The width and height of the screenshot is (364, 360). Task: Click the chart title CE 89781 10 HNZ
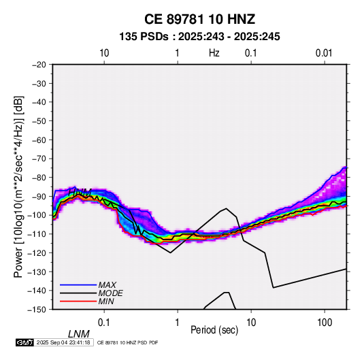(x=199, y=19)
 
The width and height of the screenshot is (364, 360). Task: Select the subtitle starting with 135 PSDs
(x=199, y=37)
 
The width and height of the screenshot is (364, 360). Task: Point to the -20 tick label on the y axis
(x=39, y=65)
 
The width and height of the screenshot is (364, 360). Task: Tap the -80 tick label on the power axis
(x=39, y=178)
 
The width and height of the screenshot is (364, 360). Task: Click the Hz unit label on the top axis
(x=214, y=53)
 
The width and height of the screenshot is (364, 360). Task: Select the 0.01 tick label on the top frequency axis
(x=324, y=53)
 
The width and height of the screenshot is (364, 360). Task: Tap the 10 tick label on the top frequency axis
(x=104, y=53)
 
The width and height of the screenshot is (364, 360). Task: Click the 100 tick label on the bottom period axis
(x=325, y=323)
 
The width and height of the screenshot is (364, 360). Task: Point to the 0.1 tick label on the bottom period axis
(x=104, y=323)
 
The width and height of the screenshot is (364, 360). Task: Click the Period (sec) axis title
(x=214, y=330)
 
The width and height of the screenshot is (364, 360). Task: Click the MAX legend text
(x=107, y=285)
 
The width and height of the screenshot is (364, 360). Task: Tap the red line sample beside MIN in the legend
(x=78, y=301)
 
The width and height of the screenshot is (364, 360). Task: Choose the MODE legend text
(x=110, y=293)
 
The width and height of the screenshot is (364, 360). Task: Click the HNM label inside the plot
(x=80, y=193)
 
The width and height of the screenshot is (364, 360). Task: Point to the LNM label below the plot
(x=79, y=334)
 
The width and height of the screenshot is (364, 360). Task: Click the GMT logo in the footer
(x=25, y=342)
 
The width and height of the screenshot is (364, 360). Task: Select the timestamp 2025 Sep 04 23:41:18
(x=63, y=342)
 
